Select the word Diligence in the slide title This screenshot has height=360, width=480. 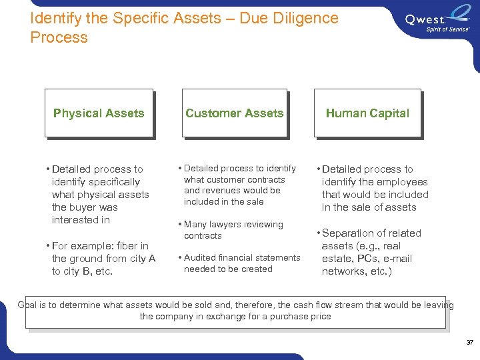point(304,19)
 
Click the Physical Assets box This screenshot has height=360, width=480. point(99,113)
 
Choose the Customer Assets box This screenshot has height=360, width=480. point(234,113)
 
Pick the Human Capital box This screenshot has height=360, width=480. point(367,113)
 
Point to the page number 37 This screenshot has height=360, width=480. point(469,342)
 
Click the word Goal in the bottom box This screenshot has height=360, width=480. point(27,305)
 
